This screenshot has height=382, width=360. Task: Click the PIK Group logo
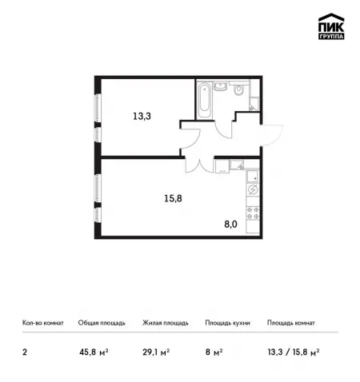(331, 26)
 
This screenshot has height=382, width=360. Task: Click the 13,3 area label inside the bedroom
(142, 116)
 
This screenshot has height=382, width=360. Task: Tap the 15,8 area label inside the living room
(173, 198)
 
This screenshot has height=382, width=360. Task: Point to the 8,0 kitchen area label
(230, 225)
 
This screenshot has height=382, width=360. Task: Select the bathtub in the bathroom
(205, 100)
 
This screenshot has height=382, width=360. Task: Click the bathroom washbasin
(220, 86)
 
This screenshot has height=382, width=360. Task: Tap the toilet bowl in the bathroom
(238, 90)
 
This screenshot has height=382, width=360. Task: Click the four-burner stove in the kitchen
(253, 213)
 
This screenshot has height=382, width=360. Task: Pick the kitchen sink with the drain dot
(253, 176)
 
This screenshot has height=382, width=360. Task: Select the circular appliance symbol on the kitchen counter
(253, 189)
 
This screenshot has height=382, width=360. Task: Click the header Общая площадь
(102, 323)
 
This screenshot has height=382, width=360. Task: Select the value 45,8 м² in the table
(94, 352)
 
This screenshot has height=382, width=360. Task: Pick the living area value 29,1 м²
(156, 352)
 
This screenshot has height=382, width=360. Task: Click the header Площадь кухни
(227, 323)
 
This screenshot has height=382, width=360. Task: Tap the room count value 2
(25, 352)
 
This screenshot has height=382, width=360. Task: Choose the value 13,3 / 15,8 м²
(294, 352)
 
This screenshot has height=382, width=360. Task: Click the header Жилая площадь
(166, 323)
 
